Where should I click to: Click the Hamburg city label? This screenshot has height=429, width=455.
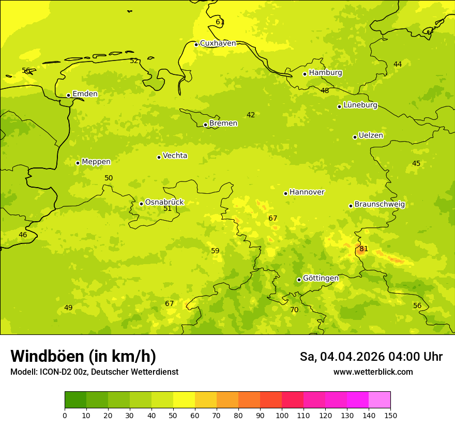coord(325,73)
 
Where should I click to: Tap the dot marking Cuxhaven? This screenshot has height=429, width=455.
coord(196,44)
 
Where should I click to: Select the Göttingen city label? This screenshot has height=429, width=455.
coord(321,278)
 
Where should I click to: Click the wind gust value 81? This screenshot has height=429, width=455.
coord(363,249)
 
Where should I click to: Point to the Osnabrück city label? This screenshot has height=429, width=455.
coord(164,202)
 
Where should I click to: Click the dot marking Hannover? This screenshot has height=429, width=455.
coord(285,193)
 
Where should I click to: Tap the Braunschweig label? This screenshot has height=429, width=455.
coord(380,204)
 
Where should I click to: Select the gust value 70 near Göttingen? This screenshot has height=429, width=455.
coord(294,310)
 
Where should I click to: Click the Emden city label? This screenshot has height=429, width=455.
coord(85,94)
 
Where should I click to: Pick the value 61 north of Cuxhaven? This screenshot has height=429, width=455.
coord(220,22)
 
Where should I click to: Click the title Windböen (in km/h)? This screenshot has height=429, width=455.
coord(83,356)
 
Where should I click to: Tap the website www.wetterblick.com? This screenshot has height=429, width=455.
coord(373,372)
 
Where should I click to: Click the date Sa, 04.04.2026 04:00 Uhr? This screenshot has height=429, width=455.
coord(371,357)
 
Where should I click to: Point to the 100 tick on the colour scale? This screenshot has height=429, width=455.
coord(282,415)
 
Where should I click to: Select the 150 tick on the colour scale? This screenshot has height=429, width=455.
coord(390,415)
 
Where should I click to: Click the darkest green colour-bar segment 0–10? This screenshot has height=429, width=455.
coord(75,400)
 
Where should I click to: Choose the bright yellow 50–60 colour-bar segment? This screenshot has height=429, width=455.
coord(184,400)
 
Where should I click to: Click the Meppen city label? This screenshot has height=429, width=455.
coord(96,162)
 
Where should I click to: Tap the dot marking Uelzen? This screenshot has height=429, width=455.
coord(355,137)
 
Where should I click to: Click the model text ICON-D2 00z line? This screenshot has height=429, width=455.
coord(94,372)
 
